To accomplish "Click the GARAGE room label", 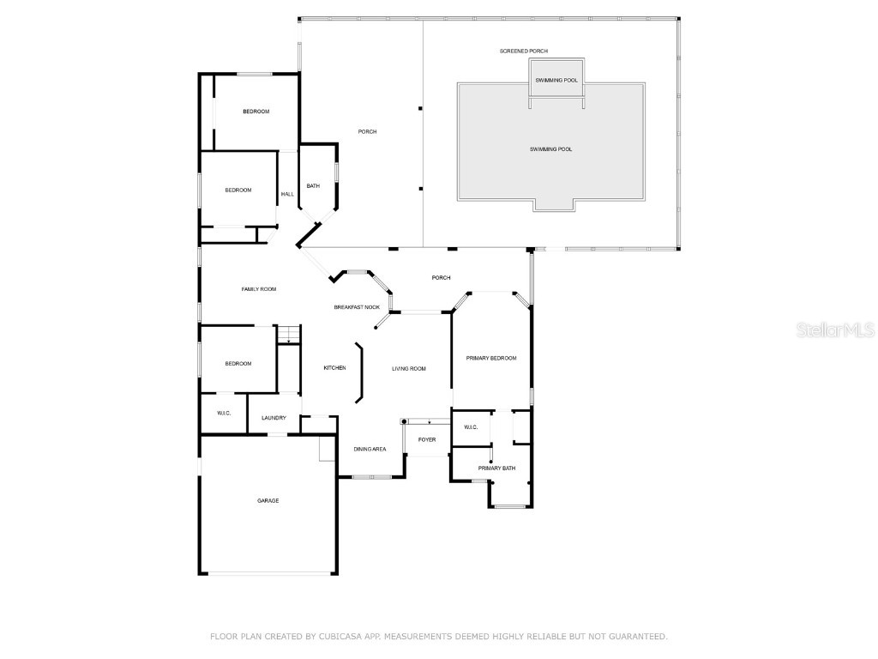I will pyautogui.click(x=268, y=500).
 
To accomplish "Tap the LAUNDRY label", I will pyautogui.click(x=274, y=418).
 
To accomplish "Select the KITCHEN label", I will pyautogui.click(x=334, y=368).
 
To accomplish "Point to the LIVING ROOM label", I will pyautogui.click(x=409, y=369).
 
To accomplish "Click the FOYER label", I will pyautogui.click(x=427, y=440).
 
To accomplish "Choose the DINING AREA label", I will pyautogui.click(x=370, y=449).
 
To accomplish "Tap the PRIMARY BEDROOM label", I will pyautogui.click(x=491, y=358).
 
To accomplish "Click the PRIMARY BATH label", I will pyautogui.click(x=496, y=468).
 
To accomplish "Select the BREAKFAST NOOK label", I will pyautogui.click(x=357, y=306).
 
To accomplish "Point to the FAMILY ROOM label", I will pyautogui.click(x=258, y=289).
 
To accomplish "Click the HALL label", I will pyautogui.click(x=287, y=194).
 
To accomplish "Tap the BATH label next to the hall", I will pyautogui.click(x=313, y=185).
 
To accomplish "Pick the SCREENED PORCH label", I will pyautogui.click(x=524, y=51).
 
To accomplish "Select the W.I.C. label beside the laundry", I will pyautogui.click(x=224, y=413).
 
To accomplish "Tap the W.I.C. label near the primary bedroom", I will pyautogui.click(x=471, y=427).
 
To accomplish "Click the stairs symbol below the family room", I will pyautogui.click(x=289, y=335).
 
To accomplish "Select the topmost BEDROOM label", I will pyautogui.click(x=256, y=112).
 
